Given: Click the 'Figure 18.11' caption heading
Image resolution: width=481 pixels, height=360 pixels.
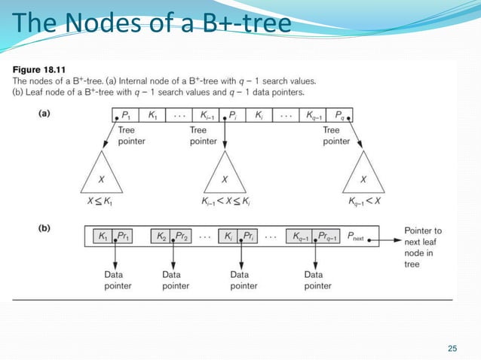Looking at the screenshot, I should coord(38,70).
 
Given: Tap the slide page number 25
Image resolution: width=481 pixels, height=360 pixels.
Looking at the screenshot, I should coord(452,347).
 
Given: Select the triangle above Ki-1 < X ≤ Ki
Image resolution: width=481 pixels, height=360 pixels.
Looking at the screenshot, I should coord(224,178).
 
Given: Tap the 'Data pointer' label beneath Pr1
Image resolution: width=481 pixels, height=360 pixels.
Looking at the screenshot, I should coord(114,280).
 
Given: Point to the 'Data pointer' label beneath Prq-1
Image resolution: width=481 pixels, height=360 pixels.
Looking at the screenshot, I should coord(318,280).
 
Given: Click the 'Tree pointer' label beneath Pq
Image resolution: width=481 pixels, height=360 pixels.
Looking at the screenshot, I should coord(336,136).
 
